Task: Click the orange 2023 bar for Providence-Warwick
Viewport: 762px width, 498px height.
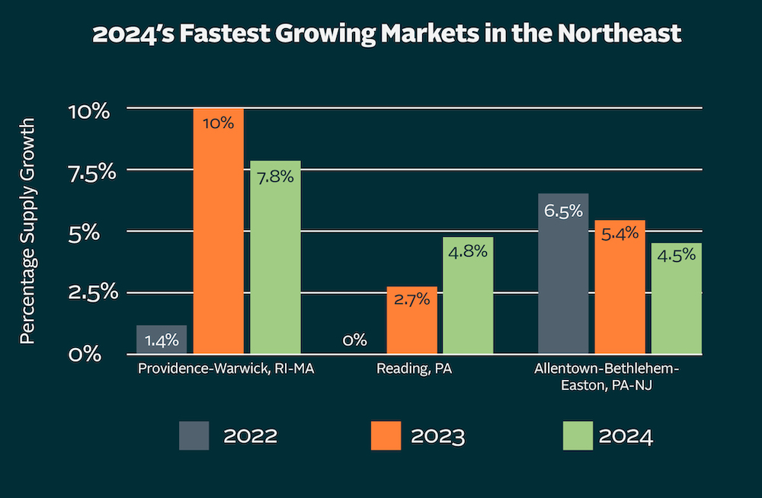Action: [218, 231]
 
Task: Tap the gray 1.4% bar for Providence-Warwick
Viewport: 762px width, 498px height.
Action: [162, 340]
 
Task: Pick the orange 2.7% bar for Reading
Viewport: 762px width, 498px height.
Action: [411, 321]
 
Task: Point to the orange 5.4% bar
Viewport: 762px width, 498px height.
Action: [620, 287]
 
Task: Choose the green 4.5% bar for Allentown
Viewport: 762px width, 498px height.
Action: [676, 298]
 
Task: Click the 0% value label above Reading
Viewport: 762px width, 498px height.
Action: [355, 340]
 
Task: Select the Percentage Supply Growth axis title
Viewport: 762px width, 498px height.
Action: [27, 230]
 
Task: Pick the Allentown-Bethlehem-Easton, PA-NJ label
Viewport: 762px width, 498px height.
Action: [606, 377]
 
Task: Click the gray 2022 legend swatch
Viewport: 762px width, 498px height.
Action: [194, 436]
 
